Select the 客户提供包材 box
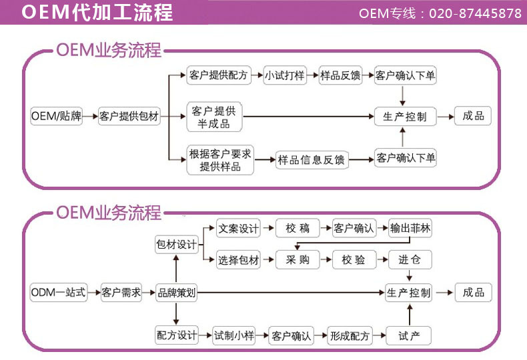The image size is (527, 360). click(x=129, y=116)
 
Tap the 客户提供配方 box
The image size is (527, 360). click(x=218, y=75)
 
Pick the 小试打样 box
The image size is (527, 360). click(x=284, y=75)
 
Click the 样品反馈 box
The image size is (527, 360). click(x=340, y=75)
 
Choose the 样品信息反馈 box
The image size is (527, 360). click(x=312, y=159)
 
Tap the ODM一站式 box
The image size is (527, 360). click(x=59, y=293)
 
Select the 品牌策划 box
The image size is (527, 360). click(x=176, y=293)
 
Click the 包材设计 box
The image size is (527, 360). click(x=176, y=245)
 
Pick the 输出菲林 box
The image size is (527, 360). click(x=410, y=228)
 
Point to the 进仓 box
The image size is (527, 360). click(x=410, y=260)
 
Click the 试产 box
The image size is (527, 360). click(x=409, y=335)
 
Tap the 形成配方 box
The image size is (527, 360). click(x=349, y=335)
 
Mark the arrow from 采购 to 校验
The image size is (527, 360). click(x=326, y=260)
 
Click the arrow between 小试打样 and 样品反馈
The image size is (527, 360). click(x=313, y=75)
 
